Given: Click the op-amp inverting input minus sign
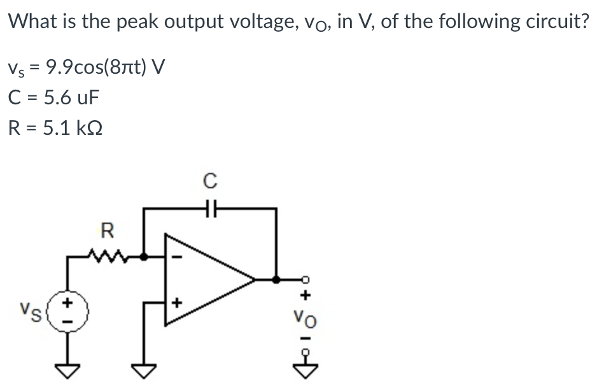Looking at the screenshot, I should [179, 257].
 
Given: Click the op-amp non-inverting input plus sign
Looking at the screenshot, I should [179, 302].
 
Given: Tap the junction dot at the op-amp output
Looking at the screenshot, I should [276, 279].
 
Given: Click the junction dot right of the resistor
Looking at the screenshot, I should [144, 257].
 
